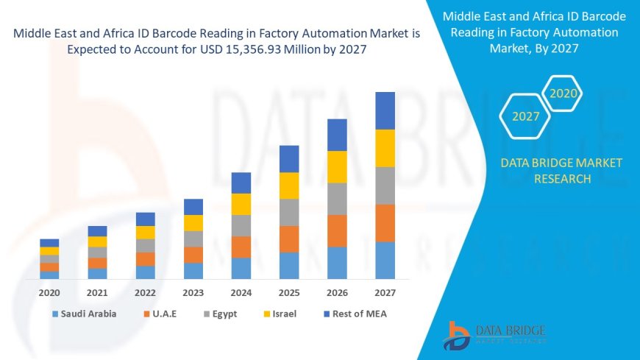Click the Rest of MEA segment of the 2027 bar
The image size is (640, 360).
click(385, 110)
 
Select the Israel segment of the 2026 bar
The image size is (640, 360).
click(337, 166)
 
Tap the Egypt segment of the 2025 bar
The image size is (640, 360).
click(289, 212)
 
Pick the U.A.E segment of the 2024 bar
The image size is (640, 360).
click(241, 247)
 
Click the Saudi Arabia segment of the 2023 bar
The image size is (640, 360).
click(193, 270)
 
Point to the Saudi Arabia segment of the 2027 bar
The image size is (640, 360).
click(385, 260)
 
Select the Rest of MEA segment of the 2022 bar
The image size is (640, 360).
click(146, 219)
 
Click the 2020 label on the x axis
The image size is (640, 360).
click(49, 292)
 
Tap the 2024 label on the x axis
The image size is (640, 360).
click(241, 292)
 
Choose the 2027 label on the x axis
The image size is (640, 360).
click(385, 292)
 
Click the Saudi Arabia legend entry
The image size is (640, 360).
click(85, 314)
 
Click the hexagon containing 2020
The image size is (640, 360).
click(563, 93)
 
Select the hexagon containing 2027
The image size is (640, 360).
click(525, 116)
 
